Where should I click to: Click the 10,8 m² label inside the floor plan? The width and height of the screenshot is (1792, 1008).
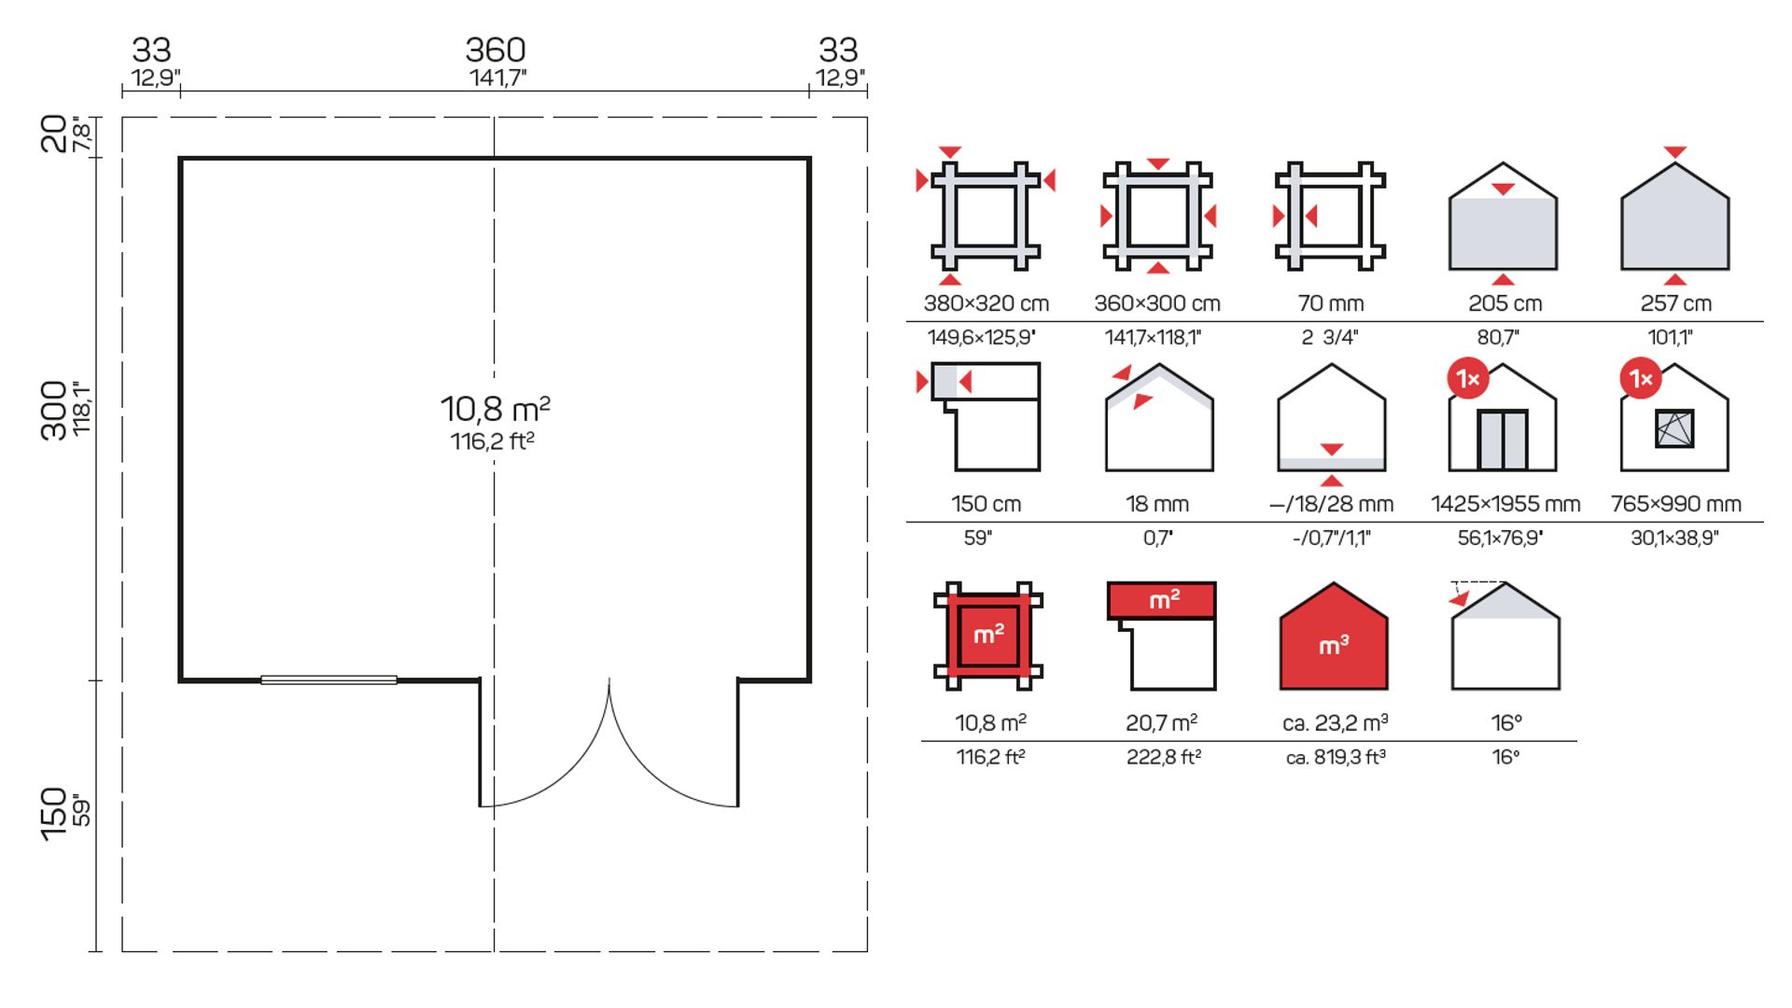tap(496, 409)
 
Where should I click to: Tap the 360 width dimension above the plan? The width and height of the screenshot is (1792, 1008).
tap(496, 49)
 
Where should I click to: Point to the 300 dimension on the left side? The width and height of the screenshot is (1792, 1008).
tap(54, 410)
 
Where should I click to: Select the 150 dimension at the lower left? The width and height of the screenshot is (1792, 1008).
tap(54, 814)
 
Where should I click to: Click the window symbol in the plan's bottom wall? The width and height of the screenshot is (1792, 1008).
tap(329, 680)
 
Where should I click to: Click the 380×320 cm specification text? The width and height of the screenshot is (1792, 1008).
tap(987, 303)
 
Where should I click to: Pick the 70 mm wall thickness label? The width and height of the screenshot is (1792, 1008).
tap(1331, 303)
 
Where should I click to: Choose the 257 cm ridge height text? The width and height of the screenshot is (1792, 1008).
tap(1675, 303)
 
